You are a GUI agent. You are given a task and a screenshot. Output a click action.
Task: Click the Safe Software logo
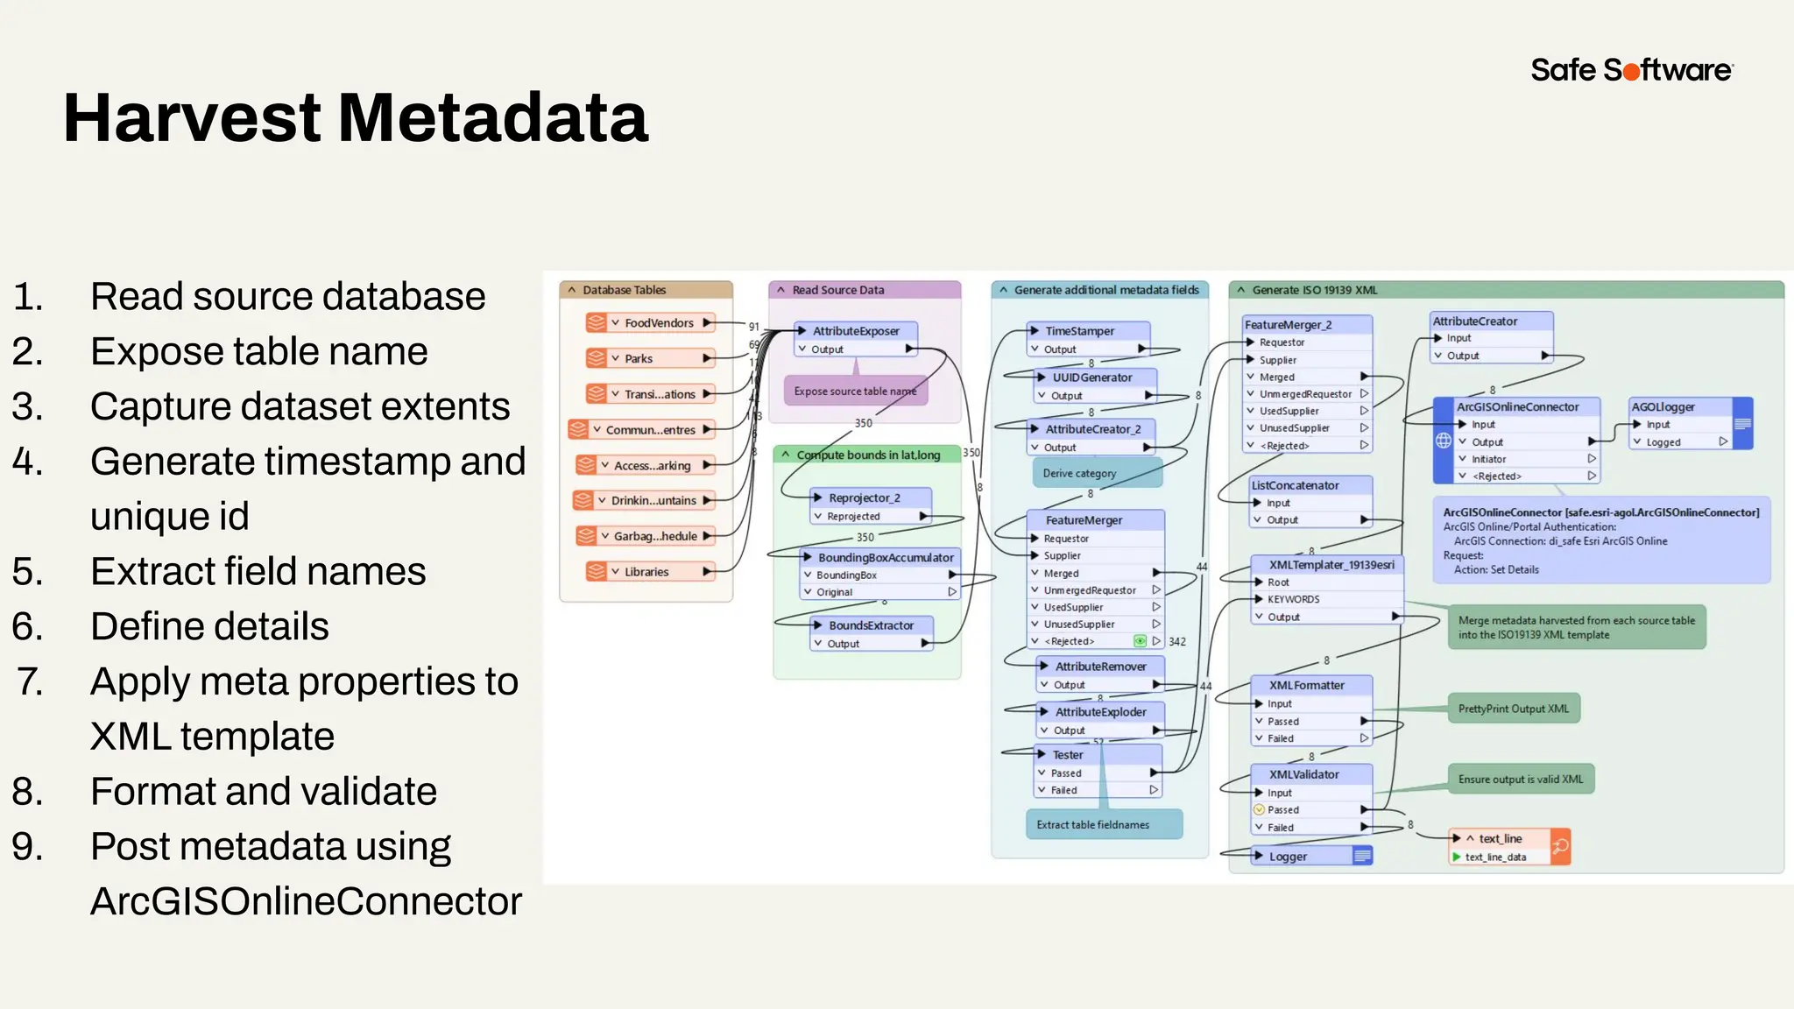tap(1631, 69)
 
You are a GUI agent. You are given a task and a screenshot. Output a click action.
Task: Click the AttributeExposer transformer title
tap(855, 331)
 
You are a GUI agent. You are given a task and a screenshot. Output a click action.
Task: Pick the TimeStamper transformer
tap(1079, 331)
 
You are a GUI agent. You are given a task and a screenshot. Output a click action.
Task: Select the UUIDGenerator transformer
tap(1091, 377)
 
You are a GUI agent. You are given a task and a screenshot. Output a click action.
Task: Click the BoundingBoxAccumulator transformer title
tap(885, 558)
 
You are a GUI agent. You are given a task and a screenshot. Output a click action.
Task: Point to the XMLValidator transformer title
tap(1303, 774)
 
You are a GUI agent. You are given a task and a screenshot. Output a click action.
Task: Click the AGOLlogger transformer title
tap(1663, 407)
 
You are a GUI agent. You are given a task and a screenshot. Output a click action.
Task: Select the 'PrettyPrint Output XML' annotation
tap(1513, 709)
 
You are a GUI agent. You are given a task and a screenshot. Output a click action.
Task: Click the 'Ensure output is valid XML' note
tap(1520, 780)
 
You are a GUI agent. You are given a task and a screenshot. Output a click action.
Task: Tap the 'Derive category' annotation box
tap(1079, 474)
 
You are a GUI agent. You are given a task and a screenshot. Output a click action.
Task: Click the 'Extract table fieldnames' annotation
tap(1092, 825)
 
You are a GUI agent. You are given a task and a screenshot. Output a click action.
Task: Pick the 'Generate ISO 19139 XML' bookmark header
tap(1314, 290)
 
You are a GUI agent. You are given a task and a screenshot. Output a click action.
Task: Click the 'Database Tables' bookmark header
tap(624, 290)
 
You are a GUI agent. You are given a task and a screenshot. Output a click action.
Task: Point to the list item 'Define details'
tap(209, 627)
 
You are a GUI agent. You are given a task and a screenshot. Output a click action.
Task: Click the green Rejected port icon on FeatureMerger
tap(1140, 642)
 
